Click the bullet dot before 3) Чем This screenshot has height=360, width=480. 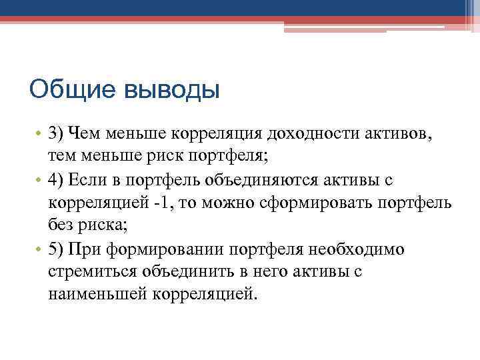39,135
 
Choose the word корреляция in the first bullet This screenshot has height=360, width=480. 216,134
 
